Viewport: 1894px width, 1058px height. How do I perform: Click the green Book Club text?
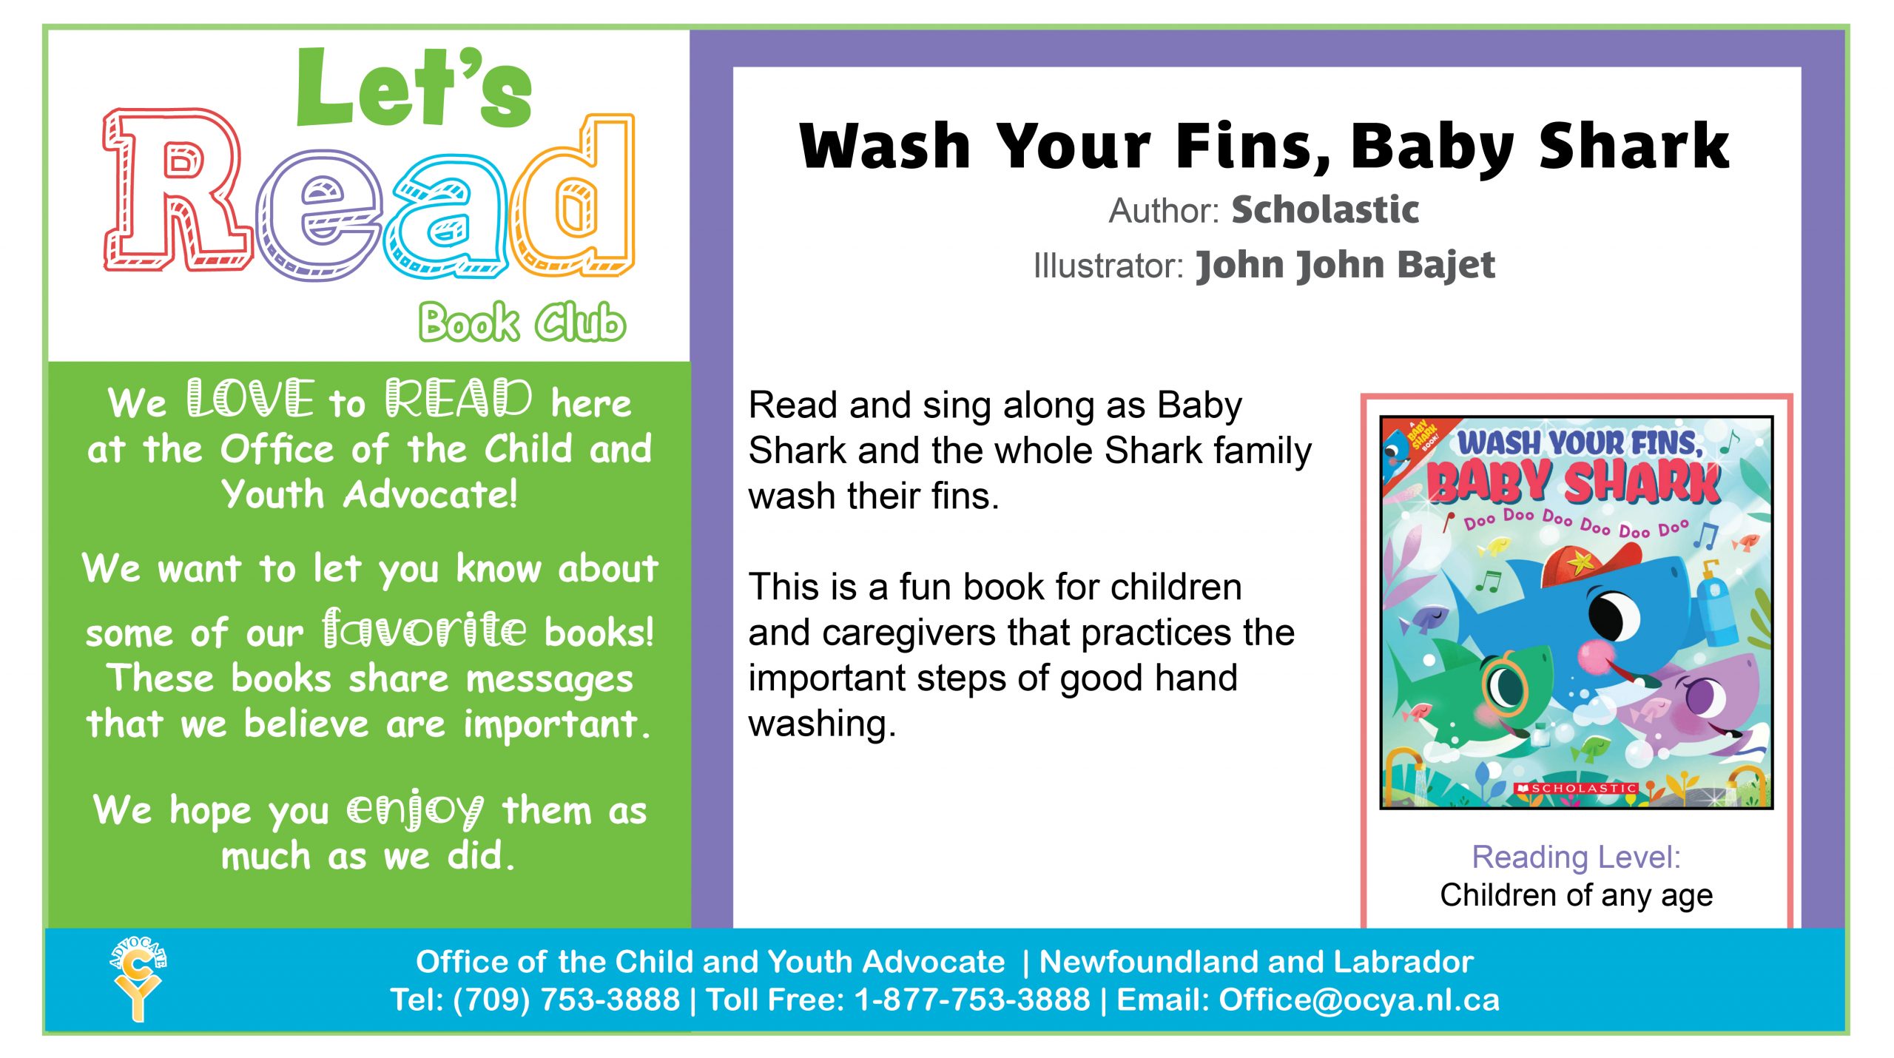(x=522, y=323)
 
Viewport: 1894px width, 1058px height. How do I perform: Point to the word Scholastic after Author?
(x=1324, y=210)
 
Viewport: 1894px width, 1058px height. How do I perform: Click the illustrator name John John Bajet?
(x=1345, y=265)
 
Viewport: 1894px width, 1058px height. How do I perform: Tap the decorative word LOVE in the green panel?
(x=250, y=400)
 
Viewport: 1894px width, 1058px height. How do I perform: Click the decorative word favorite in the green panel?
(x=425, y=629)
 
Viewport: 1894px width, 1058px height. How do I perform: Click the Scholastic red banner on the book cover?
(x=1576, y=789)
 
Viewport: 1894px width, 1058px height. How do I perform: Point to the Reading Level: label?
(x=1576, y=857)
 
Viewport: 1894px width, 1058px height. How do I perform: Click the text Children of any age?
(x=1576, y=895)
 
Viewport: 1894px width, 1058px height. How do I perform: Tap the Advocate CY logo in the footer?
(x=138, y=978)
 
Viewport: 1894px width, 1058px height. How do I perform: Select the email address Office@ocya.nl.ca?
(x=1358, y=1000)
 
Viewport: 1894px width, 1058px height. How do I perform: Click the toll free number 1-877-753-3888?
(x=971, y=1000)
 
